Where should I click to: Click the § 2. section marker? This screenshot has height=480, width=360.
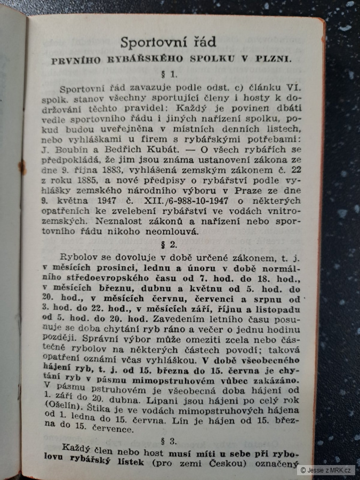pos(170,245)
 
